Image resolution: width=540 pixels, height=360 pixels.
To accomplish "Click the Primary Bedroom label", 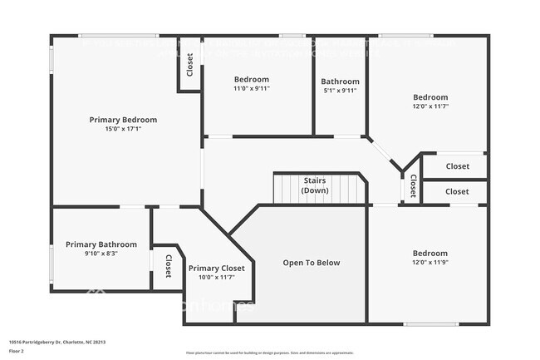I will coord(123,120).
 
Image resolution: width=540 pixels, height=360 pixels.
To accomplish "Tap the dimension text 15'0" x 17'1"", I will coord(123,129).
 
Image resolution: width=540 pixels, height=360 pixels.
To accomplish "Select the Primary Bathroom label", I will coord(101,244).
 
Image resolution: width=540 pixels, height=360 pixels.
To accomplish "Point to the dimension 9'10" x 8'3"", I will coord(101,254).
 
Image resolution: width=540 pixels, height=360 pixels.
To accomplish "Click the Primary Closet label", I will coord(216,268).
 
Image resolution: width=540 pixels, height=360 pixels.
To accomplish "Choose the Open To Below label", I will coord(312,263).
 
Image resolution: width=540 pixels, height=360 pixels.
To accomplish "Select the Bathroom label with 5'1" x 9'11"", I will coord(340,81).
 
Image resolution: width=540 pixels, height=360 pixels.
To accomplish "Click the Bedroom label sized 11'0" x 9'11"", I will coord(251,80).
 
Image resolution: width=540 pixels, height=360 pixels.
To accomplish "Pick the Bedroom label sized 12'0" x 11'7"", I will coord(430,97).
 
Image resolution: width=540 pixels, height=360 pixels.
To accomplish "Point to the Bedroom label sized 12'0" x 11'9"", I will coord(430,254).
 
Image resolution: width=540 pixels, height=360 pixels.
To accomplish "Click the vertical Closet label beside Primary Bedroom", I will coord(190,65).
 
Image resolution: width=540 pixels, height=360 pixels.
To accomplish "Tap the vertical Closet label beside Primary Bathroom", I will coord(168,266).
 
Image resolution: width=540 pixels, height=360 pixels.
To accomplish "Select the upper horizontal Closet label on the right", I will coord(457,166).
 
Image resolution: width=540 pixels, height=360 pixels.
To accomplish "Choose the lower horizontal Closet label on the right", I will coord(457,191).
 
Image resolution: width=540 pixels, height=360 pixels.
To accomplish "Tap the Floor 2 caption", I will coord(17,351).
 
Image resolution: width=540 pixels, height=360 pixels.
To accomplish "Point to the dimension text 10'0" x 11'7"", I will coord(216,277).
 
